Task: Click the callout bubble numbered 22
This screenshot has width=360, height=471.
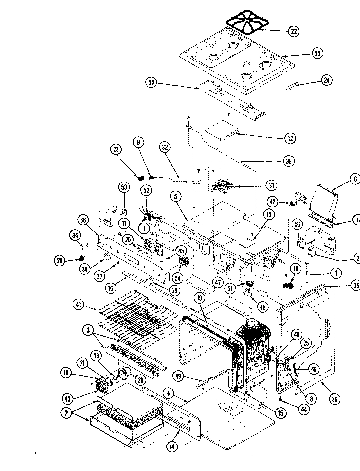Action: pos(294,31)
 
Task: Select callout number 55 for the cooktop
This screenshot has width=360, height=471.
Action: pos(317,53)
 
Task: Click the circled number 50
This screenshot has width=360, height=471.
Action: pos(151,82)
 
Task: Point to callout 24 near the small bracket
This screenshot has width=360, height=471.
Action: pos(326,80)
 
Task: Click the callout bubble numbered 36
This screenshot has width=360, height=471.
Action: pos(288,161)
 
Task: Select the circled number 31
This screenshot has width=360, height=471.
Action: pos(271,185)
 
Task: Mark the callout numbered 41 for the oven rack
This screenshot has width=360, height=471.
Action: pos(78,305)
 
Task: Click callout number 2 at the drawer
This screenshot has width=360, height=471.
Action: pos(66,413)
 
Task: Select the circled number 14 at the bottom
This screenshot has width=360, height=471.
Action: pos(172,446)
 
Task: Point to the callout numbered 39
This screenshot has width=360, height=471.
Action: pos(334,399)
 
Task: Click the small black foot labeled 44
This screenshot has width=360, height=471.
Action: pos(280,400)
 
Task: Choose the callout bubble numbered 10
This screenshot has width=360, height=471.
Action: pos(296,269)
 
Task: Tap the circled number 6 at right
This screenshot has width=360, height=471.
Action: pos(355,179)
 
